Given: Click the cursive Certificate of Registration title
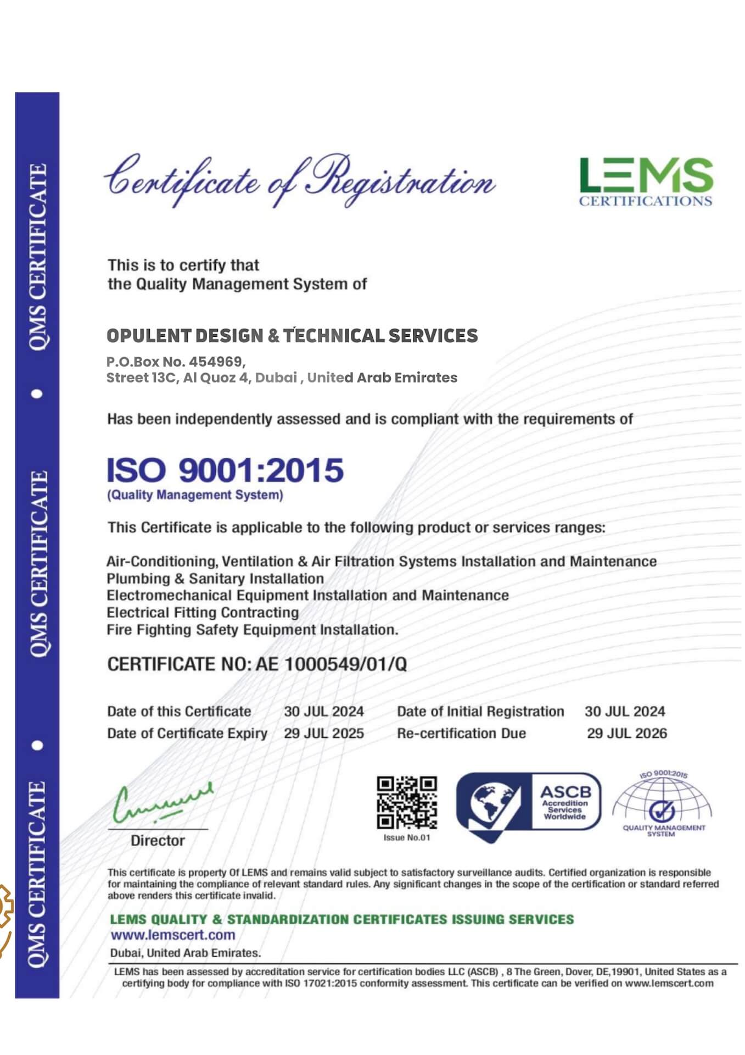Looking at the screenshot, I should coord(300,181).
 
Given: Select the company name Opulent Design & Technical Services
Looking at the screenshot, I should coord(292,336).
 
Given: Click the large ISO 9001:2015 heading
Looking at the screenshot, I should coord(225,470).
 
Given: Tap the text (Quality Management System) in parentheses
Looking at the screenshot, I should coord(195,495).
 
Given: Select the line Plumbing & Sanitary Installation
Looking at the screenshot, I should coord(215,579).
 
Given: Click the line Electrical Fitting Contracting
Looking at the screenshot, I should coord(203,613).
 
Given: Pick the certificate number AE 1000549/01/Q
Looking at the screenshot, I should coord(332,664).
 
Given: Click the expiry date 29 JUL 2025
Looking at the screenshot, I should coord(324,734).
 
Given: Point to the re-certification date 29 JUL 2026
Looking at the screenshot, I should coord(627,734).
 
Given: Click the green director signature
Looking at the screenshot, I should coord(162,802).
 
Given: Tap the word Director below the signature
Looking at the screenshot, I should coord(158,840).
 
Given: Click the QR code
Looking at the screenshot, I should coord(407,802).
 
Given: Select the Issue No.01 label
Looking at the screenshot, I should coord(407,837).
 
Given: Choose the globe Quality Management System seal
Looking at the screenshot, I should coord(663,804).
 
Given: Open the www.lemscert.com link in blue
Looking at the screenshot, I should coord(173,935).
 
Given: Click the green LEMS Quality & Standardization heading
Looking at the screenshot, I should coord(342,919).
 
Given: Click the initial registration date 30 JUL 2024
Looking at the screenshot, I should coord(625,712).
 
